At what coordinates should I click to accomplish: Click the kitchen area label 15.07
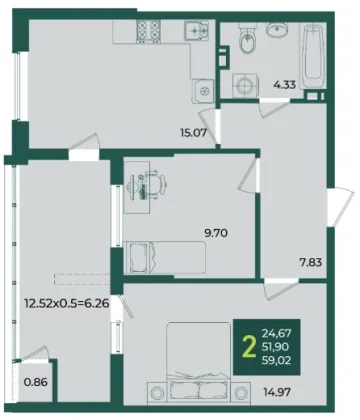(x=193, y=133)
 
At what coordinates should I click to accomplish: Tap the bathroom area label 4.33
(x=284, y=85)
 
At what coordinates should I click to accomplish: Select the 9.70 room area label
(x=216, y=233)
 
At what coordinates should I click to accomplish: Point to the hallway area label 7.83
(x=310, y=263)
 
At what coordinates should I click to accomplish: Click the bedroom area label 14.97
(x=277, y=392)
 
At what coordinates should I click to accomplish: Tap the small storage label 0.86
(x=36, y=382)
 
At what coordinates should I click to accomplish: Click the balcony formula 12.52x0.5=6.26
(x=67, y=304)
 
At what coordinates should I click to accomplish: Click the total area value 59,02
(x=277, y=360)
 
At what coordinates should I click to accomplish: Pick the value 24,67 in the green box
(x=277, y=333)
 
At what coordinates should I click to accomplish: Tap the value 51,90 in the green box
(x=275, y=347)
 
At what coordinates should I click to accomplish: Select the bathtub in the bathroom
(x=312, y=56)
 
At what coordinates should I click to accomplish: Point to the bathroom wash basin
(x=276, y=29)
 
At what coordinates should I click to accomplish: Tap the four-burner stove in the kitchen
(x=149, y=31)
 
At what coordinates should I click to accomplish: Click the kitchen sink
(x=197, y=31)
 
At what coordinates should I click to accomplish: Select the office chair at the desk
(x=153, y=184)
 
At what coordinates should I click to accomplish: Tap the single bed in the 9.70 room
(x=165, y=258)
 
